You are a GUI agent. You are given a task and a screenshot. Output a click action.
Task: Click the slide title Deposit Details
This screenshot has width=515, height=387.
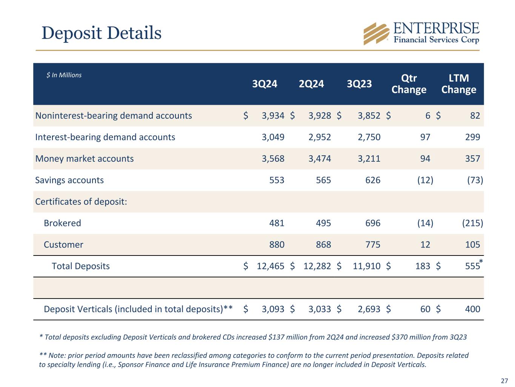click(x=101, y=33)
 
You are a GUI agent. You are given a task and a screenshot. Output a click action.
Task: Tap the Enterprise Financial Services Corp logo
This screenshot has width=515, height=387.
click(x=421, y=33)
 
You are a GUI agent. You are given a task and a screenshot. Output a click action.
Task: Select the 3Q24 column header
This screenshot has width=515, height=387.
click(x=264, y=84)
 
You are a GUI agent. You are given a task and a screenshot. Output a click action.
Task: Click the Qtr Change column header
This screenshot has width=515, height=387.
click(x=409, y=84)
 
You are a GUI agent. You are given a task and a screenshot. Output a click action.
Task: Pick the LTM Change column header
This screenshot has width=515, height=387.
click(x=458, y=84)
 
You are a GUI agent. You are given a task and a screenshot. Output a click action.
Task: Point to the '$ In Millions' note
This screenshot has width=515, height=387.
click(x=64, y=75)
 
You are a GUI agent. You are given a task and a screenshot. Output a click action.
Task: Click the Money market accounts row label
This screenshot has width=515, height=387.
click(x=85, y=158)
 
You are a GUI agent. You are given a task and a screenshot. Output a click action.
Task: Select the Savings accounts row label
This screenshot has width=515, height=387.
click(x=69, y=180)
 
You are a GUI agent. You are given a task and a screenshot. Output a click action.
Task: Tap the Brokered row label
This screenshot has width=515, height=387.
click(x=62, y=223)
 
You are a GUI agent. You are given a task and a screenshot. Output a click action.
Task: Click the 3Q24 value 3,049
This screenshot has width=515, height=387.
click(x=273, y=137)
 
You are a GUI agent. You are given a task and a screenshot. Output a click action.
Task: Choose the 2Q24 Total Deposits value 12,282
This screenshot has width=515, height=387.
click(x=317, y=266)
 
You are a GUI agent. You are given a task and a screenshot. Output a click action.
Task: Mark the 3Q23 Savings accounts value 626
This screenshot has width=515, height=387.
click(x=373, y=180)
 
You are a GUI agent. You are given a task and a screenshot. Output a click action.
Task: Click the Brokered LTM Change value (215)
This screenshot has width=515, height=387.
click(x=472, y=223)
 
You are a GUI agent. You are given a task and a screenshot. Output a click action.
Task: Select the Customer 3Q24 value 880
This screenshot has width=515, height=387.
click(x=277, y=245)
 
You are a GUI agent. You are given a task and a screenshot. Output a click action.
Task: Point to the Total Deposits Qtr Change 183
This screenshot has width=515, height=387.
click(x=422, y=266)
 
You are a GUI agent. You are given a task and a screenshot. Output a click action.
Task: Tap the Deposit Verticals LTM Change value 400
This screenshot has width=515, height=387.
click(x=472, y=309)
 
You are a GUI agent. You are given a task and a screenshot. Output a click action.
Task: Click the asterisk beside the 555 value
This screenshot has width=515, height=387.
click(x=481, y=262)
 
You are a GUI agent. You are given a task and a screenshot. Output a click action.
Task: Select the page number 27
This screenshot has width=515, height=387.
click(x=504, y=380)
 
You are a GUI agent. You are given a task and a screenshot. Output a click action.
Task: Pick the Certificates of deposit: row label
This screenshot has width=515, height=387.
click(x=81, y=201)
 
